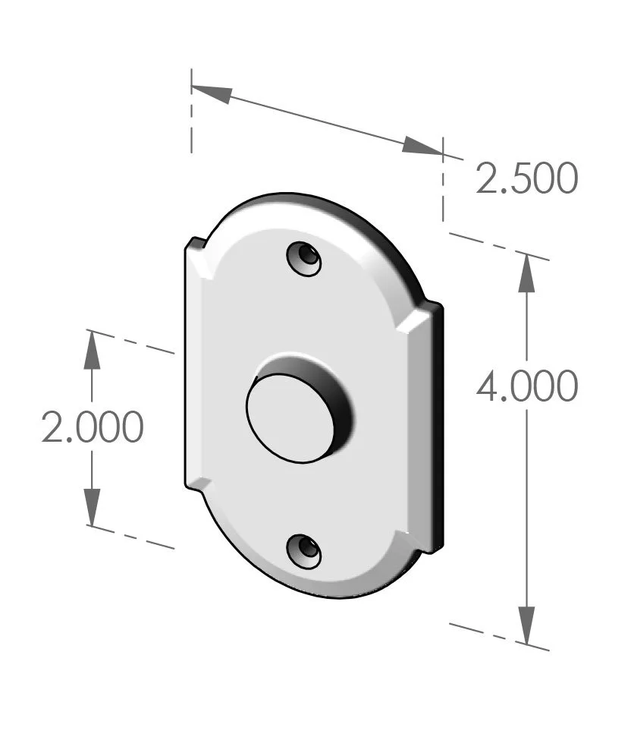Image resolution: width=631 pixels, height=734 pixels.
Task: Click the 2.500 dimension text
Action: [526, 179]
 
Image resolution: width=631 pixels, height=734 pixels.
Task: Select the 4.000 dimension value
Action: [526, 387]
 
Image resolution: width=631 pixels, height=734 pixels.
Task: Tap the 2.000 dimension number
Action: [92, 428]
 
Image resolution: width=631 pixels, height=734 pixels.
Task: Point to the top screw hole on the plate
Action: [304, 259]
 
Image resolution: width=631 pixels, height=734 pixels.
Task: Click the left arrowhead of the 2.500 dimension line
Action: [212, 93]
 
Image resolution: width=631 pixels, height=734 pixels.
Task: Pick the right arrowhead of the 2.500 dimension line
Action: [422, 146]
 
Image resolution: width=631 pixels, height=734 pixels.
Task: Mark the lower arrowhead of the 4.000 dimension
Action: [526, 625]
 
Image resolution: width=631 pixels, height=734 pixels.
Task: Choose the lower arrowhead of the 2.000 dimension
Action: [92, 506]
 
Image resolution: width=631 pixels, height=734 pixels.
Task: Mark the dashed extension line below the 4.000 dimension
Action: [498, 636]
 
